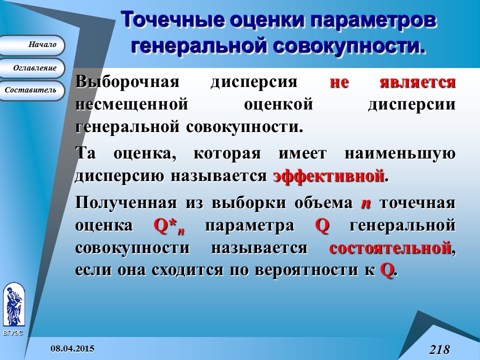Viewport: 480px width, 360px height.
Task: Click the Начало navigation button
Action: (32, 45)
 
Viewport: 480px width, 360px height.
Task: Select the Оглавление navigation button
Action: (32, 68)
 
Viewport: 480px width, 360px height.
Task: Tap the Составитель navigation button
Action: (32, 90)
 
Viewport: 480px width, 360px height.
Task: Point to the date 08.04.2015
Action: (72, 348)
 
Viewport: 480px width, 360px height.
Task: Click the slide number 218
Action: (439, 349)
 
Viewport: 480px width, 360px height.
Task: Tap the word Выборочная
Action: (127, 81)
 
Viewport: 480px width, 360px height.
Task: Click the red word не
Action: (339, 81)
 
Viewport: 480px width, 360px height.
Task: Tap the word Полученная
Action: (125, 203)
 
